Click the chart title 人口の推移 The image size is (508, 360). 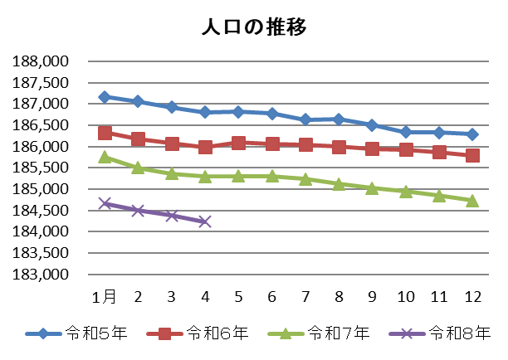(x=254, y=27)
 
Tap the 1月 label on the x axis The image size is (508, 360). (x=105, y=296)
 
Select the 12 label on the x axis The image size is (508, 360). (x=472, y=296)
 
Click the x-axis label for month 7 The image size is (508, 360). (x=305, y=296)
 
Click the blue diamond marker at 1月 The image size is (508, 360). (x=105, y=97)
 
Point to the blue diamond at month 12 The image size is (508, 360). (x=472, y=134)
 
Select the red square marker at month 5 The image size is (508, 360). (x=238, y=143)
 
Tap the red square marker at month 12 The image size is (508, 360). (x=472, y=155)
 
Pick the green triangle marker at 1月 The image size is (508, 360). (x=105, y=157)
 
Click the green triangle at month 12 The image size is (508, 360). (x=472, y=200)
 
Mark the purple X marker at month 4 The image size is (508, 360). (x=205, y=221)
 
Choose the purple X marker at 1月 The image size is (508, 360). (x=105, y=203)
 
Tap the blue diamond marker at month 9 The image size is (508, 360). (x=372, y=125)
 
